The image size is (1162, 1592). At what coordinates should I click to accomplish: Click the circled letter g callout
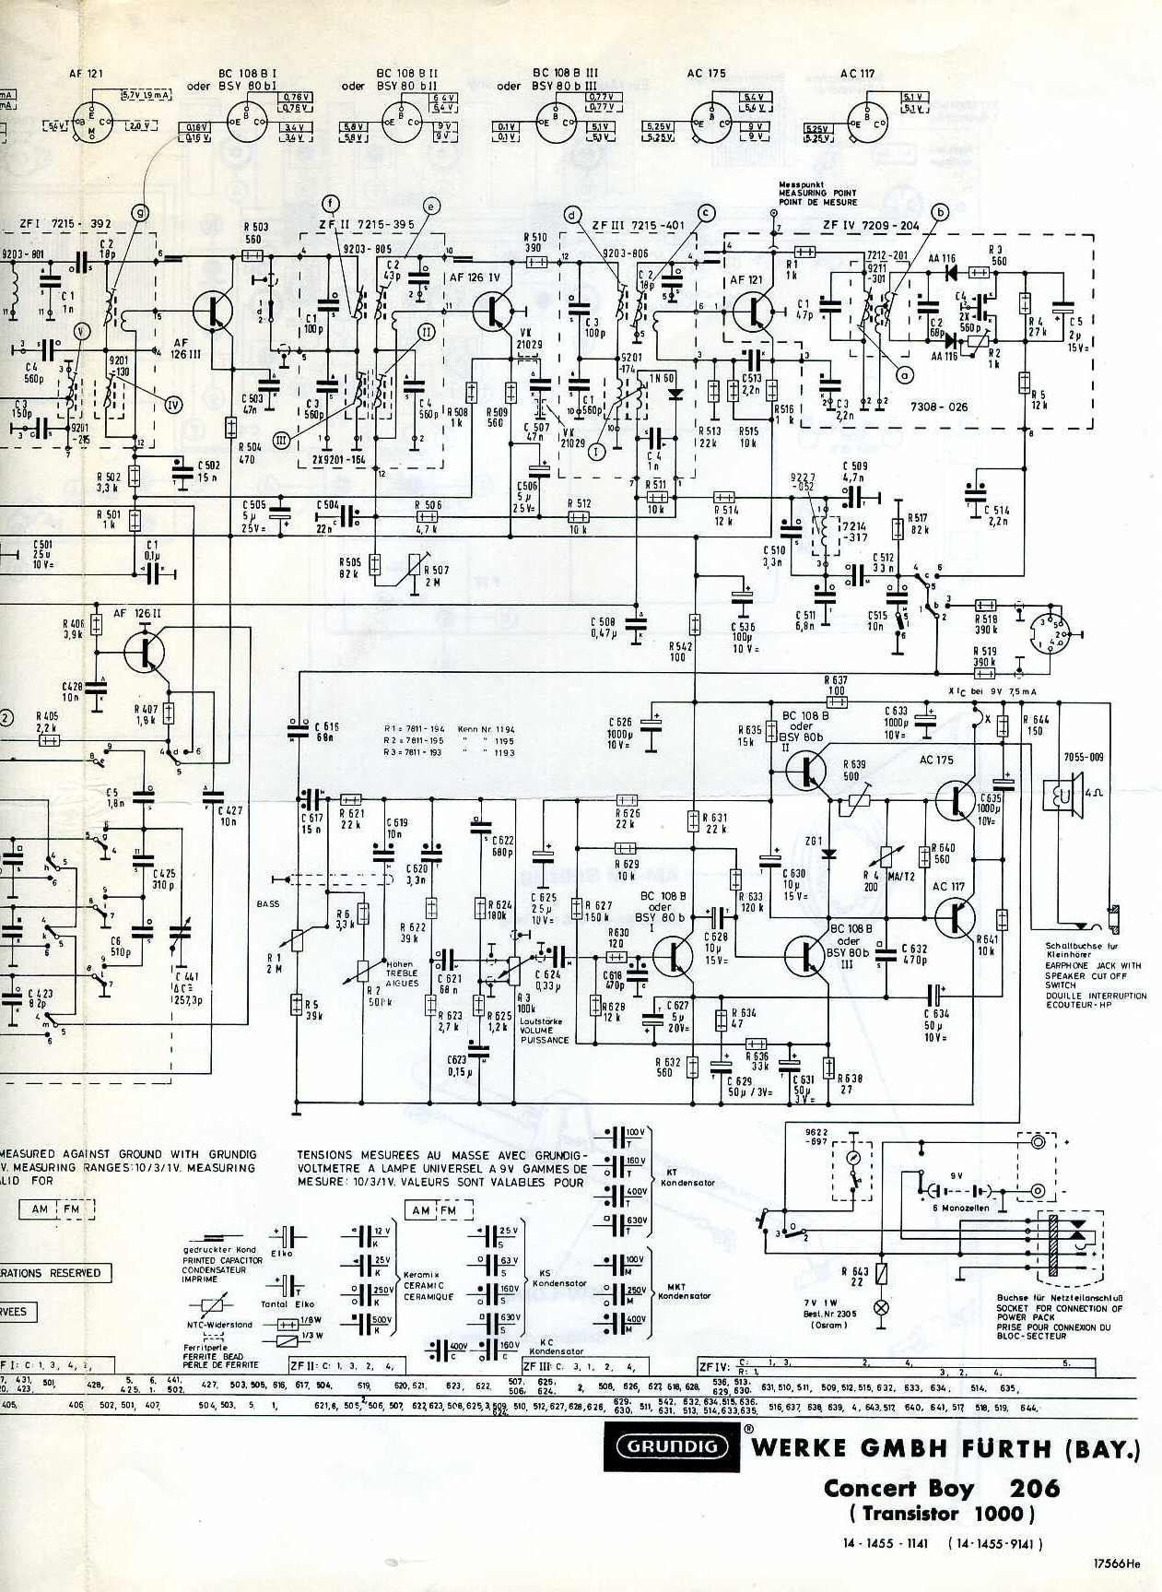(139, 213)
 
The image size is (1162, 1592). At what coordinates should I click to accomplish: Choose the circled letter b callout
(941, 213)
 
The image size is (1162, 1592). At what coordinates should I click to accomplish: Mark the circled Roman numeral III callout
(282, 441)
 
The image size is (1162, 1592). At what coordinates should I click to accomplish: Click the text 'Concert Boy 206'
(942, 1487)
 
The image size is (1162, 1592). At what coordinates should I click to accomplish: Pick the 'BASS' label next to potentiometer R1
(268, 902)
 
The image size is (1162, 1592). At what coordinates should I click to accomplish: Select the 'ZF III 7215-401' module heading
(640, 223)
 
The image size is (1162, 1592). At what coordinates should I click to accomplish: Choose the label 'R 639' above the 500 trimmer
(853, 764)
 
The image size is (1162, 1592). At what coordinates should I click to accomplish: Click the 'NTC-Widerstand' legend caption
(218, 1325)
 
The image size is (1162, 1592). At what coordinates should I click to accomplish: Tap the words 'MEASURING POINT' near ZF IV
(817, 193)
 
